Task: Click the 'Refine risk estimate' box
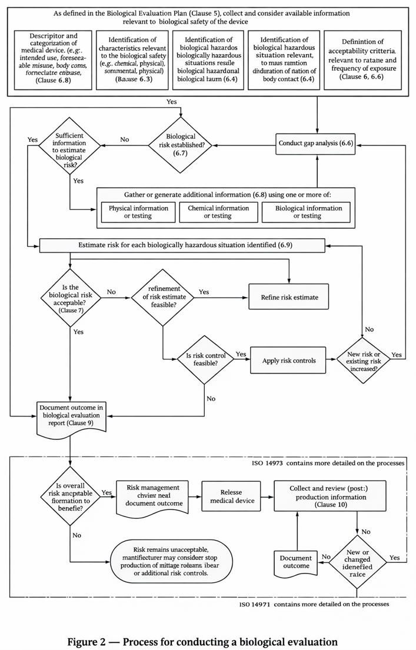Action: click(289, 297)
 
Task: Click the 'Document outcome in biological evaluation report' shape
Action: click(71, 418)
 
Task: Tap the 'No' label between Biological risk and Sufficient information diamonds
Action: click(125, 139)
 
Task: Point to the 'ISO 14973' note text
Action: click(328, 464)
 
